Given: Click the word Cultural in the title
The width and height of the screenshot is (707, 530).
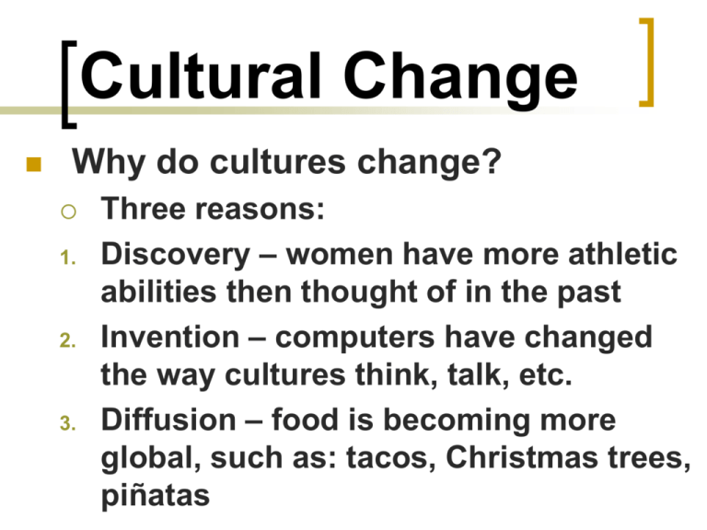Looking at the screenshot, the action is (x=201, y=75).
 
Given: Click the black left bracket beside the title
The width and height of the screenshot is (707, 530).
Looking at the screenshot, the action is (x=68, y=85).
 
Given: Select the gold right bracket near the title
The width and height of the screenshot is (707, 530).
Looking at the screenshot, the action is (x=646, y=63).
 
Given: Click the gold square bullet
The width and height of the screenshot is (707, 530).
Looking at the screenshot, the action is (x=34, y=165).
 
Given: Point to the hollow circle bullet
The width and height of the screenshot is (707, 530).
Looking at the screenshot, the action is (x=68, y=211).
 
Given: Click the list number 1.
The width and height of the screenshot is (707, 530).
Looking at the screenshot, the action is (x=67, y=259).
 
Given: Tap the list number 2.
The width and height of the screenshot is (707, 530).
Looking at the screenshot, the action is (x=67, y=340).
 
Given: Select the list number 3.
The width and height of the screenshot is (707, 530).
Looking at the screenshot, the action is (x=67, y=423).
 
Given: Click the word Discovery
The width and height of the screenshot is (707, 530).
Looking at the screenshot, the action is (x=176, y=255).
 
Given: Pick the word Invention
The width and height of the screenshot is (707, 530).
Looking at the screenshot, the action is (x=170, y=337).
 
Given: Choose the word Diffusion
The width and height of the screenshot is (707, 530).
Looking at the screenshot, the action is (x=168, y=420).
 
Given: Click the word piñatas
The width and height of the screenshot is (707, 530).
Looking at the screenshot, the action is (x=156, y=496).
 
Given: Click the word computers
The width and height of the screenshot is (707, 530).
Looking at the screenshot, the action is (x=355, y=339).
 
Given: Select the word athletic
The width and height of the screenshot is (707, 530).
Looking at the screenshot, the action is (x=622, y=254).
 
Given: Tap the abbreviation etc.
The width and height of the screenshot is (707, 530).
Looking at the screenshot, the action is (x=546, y=375).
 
